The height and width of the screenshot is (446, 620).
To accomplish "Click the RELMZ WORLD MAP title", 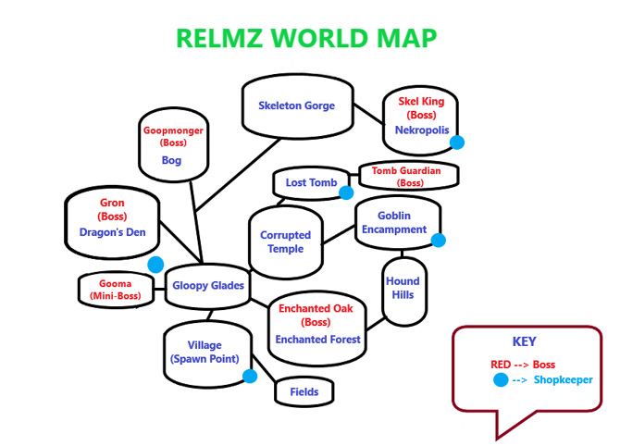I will coord(306,38).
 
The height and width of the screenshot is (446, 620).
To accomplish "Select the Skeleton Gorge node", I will coord(296,105).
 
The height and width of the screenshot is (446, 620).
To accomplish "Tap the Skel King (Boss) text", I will coord(421,107).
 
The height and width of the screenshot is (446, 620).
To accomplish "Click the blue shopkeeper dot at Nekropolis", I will coord(456,142).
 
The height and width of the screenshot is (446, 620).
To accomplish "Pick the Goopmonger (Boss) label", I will coord(173,137).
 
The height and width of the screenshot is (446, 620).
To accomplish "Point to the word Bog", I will coord(171,160).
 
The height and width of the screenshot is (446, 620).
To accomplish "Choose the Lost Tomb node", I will coord(311,182).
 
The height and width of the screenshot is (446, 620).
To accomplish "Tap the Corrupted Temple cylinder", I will coord(285,242).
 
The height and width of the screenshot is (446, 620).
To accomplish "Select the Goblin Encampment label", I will coord(394,222).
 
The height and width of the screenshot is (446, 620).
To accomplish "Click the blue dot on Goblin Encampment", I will coord(439,241).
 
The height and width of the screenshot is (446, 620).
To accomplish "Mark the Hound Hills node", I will coord(403,288).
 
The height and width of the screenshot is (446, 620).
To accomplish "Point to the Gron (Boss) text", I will coord(112,209).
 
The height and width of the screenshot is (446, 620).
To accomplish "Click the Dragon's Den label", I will coord(112,232).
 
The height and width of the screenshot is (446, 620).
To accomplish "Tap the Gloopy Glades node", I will coord(208,286).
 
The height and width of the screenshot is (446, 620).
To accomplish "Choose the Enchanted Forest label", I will coord(317,340).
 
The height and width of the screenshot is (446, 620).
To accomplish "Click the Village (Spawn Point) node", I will coord(205,353).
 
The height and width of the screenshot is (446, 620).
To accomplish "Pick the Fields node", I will coord(304,391).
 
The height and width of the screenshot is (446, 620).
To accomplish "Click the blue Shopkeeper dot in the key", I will coord(501,380).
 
